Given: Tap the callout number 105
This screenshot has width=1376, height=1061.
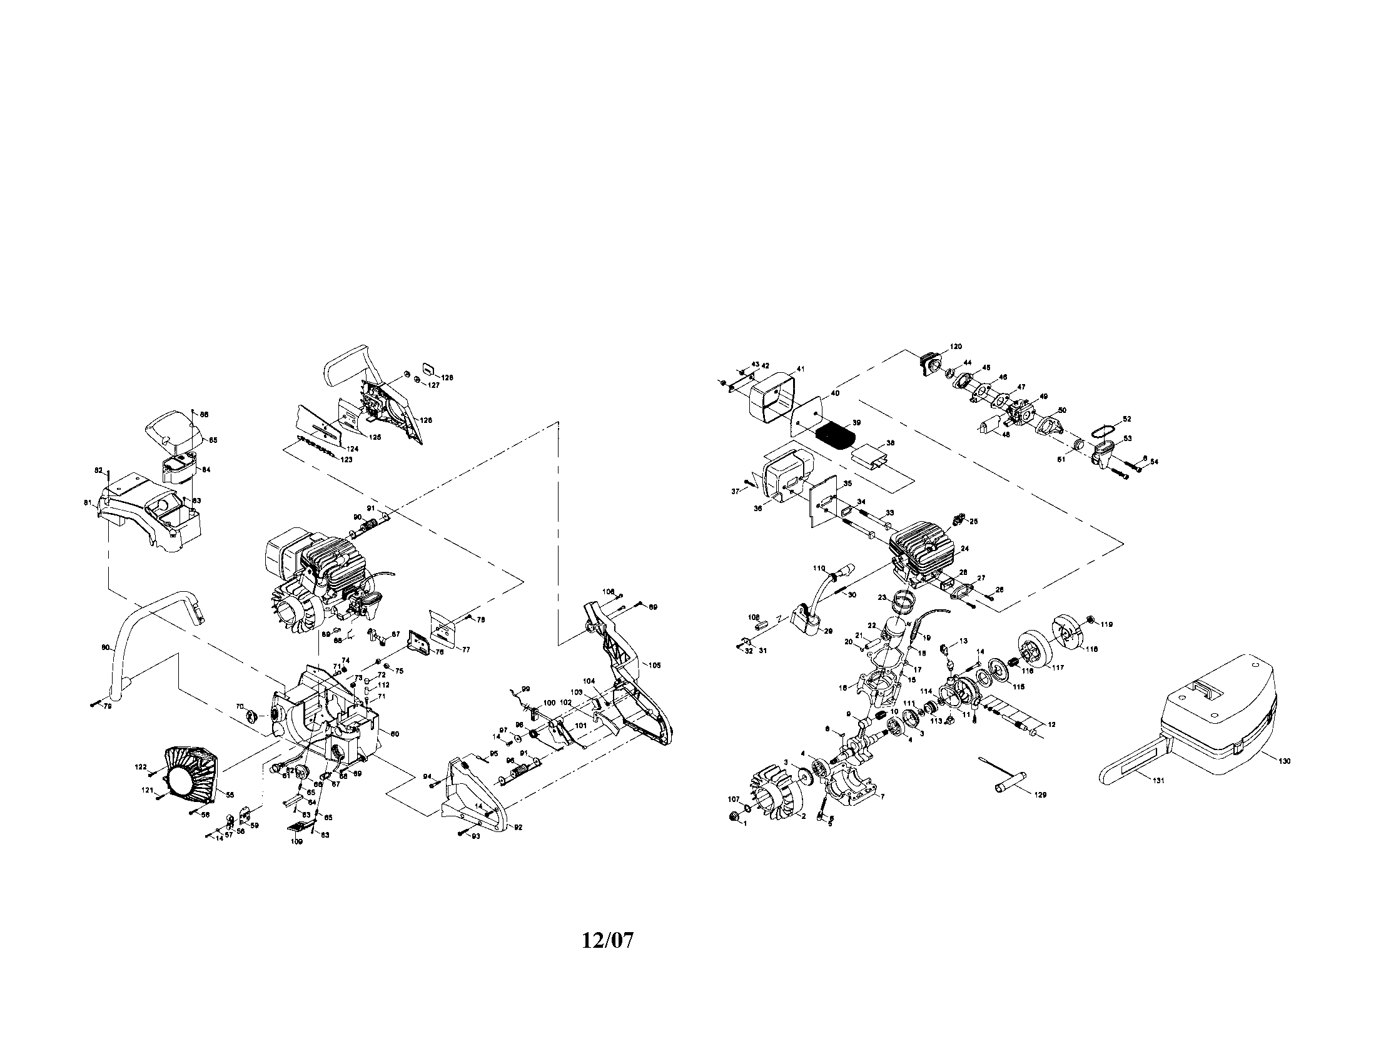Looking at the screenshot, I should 655,666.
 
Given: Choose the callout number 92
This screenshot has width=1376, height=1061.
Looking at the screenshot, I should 518,827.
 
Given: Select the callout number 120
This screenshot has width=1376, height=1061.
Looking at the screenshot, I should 956,347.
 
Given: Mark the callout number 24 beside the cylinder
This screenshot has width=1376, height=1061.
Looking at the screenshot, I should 964,549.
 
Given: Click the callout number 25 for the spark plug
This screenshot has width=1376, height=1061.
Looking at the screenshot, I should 974,521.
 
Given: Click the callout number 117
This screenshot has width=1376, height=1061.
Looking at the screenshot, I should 1056,669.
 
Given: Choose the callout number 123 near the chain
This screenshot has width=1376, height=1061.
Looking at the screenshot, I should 346,459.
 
